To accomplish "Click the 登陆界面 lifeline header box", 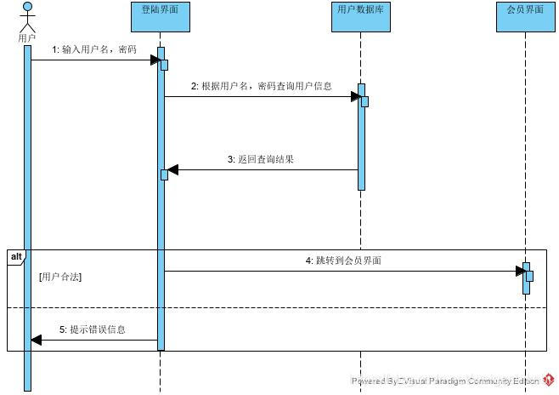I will [161, 17].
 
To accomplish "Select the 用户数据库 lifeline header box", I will [361, 17].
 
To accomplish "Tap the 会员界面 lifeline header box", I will [521, 17].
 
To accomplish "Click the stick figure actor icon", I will [27, 18].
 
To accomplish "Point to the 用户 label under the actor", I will [27, 38].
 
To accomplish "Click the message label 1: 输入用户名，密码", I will [93, 49].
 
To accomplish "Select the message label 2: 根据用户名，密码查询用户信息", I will [261, 86].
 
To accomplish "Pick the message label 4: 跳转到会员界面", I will [343, 260].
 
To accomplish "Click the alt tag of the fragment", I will [16, 256].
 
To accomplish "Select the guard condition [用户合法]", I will [60, 277].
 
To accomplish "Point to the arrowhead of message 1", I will [155, 60].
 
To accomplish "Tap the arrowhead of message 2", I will [356, 96].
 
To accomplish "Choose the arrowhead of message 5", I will [36, 340].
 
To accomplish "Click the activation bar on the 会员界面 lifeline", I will [526, 278].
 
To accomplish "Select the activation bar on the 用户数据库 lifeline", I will [361, 136].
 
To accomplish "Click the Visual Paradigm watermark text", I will [446, 381].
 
